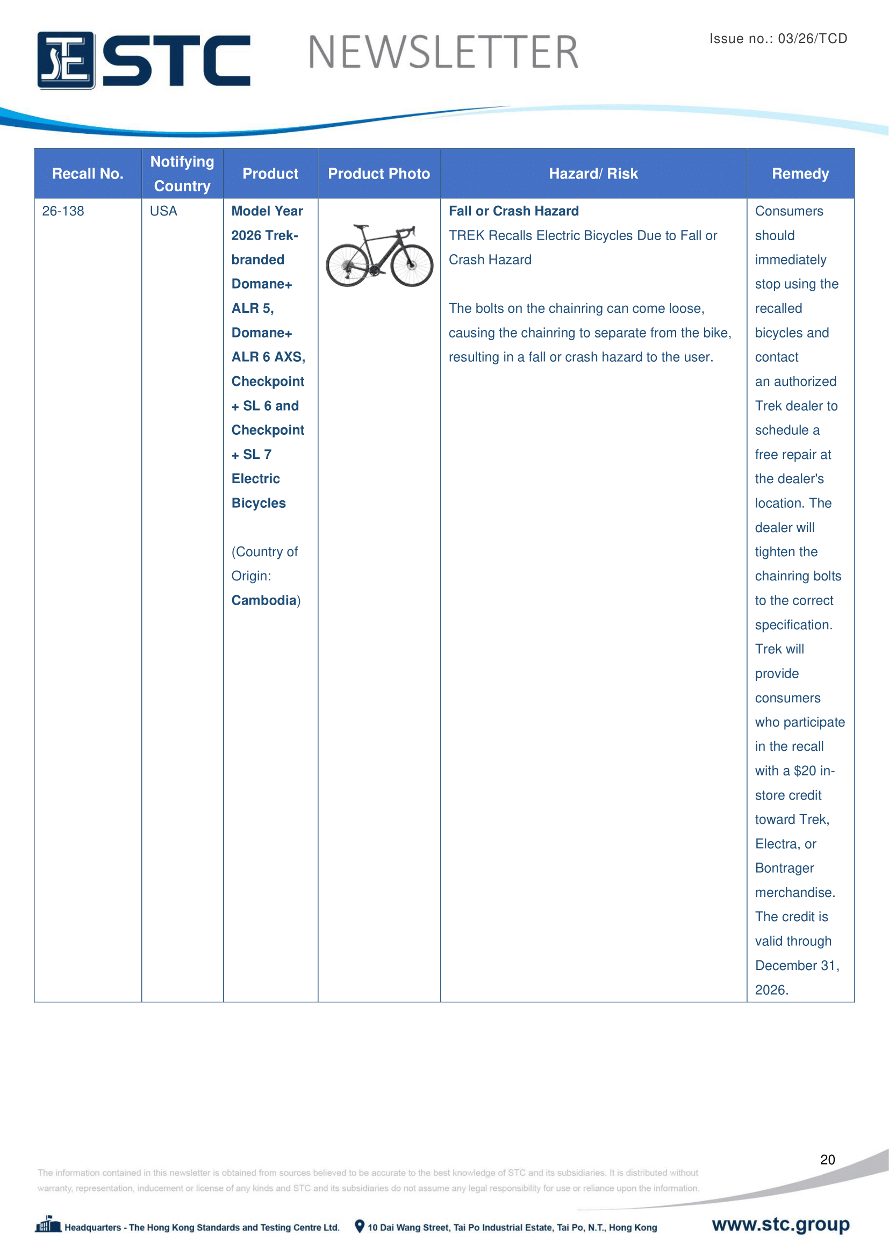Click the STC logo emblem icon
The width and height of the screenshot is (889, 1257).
click(66, 60)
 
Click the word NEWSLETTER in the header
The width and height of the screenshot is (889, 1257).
click(443, 53)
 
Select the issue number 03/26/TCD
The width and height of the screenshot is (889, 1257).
click(812, 39)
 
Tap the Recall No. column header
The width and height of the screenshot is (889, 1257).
click(88, 174)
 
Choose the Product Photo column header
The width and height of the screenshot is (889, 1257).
click(379, 174)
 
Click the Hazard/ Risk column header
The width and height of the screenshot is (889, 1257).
click(593, 174)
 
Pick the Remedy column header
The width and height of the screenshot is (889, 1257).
click(800, 174)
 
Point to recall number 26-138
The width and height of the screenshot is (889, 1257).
click(63, 211)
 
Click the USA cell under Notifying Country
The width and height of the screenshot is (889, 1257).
click(163, 211)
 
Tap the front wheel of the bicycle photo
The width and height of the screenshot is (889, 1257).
click(412, 265)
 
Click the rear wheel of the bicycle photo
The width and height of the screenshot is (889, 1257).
click(347, 265)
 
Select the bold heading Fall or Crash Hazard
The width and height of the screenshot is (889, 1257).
click(513, 211)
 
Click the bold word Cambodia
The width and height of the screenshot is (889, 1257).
click(263, 601)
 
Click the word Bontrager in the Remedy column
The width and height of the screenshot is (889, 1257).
click(784, 868)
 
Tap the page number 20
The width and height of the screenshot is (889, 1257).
click(827, 1160)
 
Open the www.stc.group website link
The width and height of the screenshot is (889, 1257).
click(780, 1224)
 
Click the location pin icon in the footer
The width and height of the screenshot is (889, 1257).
click(360, 1226)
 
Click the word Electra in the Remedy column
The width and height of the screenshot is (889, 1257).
click(777, 844)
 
